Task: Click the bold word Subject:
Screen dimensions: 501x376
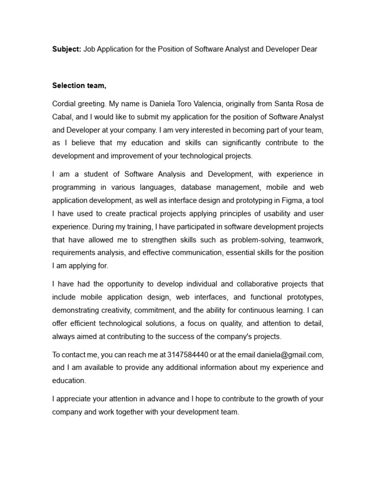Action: click(x=67, y=49)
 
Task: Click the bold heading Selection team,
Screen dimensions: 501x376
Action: click(x=79, y=86)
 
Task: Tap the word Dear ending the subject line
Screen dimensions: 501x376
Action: click(x=308, y=49)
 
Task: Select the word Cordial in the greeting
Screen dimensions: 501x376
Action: click(x=65, y=104)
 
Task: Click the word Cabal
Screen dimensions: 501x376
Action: click(x=63, y=117)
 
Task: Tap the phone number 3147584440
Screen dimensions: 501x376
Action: click(x=188, y=355)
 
